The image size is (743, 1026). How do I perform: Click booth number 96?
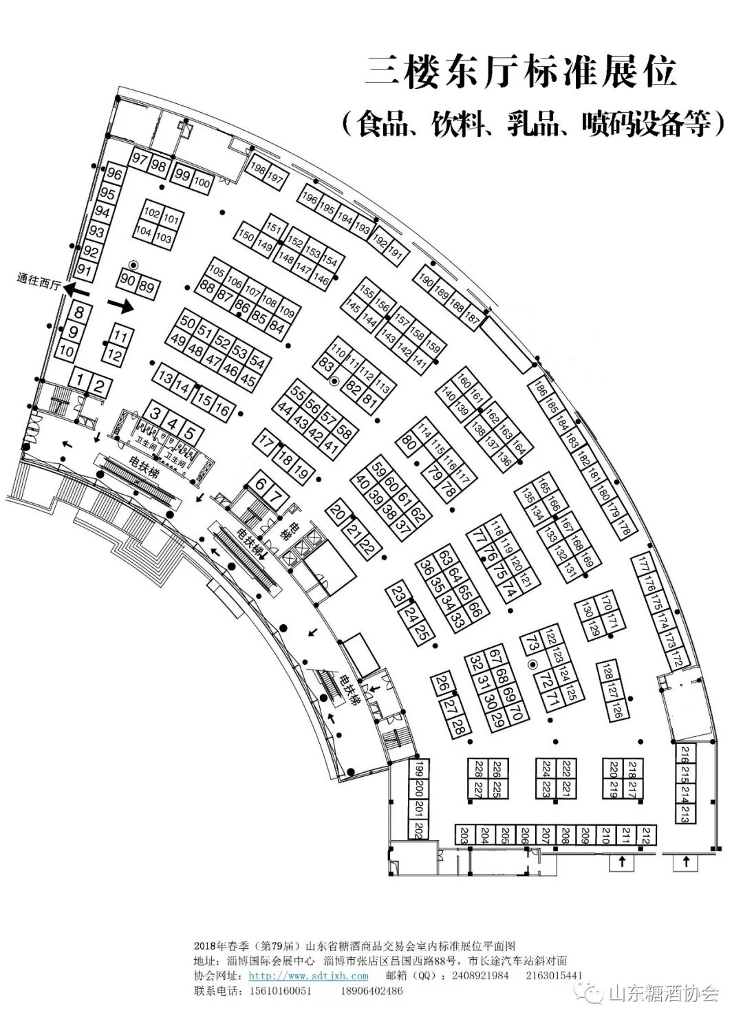(114, 175)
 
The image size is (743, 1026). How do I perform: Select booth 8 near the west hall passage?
(79, 313)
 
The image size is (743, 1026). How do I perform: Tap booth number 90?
(127, 279)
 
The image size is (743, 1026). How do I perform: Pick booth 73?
(532, 645)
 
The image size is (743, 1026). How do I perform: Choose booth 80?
(408, 443)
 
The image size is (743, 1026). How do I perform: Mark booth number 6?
(259, 483)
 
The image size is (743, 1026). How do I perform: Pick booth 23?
(398, 595)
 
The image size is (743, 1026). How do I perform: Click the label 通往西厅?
(40, 280)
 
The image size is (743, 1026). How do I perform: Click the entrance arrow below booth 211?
(622, 862)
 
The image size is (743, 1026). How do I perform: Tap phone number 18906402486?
(371, 991)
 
